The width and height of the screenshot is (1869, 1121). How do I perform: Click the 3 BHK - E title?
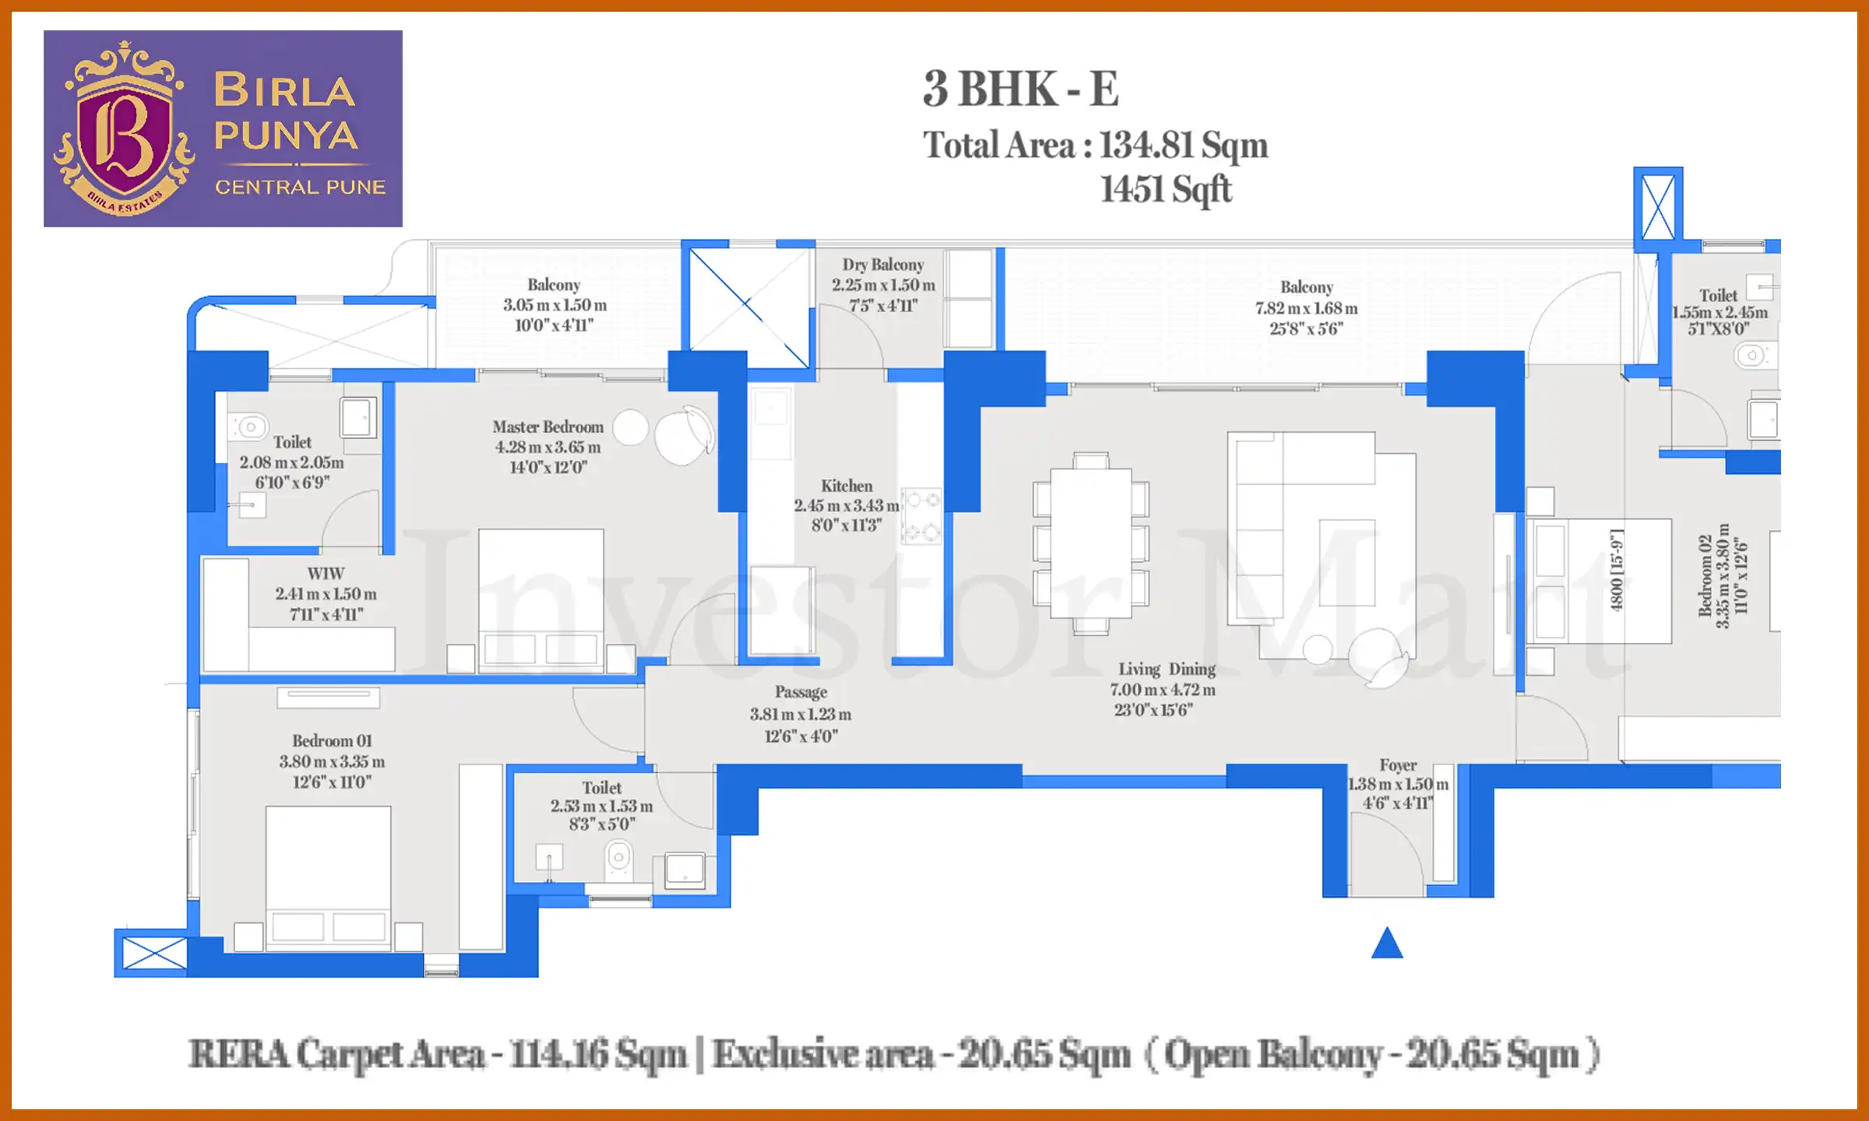point(1020,89)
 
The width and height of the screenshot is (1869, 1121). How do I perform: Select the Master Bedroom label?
point(547,427)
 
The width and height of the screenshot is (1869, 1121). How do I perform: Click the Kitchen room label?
point(847,486)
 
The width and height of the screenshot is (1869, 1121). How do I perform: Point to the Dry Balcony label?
point(882,265)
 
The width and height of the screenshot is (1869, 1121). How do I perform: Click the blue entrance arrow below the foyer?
point(1386,944)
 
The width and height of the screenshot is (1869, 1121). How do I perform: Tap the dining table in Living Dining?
point(1090,543)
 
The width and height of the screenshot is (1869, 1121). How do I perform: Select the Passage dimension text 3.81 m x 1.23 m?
point(801,714)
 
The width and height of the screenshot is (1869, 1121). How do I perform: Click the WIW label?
point(326,574)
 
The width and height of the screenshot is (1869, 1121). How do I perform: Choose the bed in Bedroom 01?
point(328,876)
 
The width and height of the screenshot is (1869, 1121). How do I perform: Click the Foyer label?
point(1398,765)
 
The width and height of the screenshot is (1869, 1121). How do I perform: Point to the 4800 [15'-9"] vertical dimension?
point(1616,571)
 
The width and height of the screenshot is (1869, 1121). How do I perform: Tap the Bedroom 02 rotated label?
point(1705,576)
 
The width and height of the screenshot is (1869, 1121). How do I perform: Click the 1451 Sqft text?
point(1165,189)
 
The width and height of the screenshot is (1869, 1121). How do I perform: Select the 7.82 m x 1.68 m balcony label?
point(1306,308)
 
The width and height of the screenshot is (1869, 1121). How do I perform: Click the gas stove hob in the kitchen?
point(921,515)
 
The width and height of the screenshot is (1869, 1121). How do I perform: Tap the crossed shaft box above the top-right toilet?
point(1657,208)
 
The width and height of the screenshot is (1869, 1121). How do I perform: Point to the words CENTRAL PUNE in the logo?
point(300,188)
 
